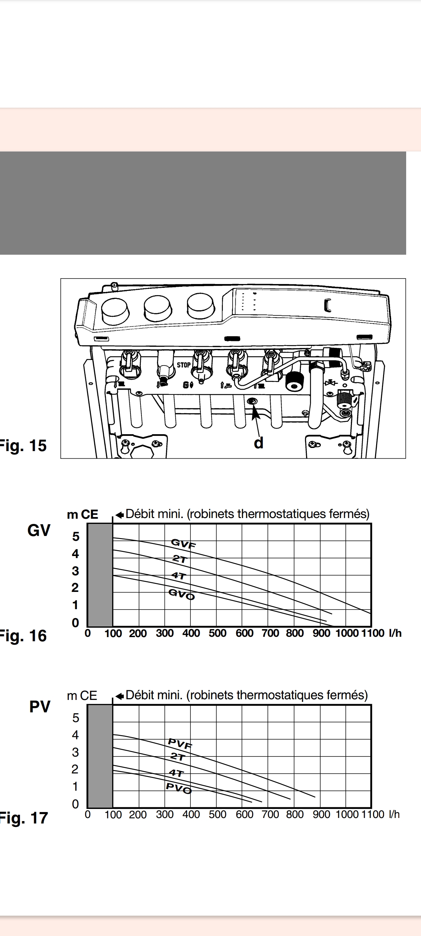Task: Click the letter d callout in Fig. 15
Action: click(258, 443)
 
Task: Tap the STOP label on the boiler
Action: click(184, 365)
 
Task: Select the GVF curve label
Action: click(184, 544)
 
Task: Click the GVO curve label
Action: click(182, 594)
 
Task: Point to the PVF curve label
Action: click(180, 744)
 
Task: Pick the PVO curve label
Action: click(178, 788)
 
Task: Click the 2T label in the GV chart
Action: click(179, 559)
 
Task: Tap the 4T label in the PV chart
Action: click(177, 773)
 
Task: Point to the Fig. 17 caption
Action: click(23, 818)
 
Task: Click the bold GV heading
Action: click(39, 530)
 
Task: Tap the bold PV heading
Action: click(40, 707)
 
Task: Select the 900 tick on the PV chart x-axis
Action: click(322, 814)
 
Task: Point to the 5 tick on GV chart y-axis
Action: click(76, 536)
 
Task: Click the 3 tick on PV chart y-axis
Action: click(75, 752)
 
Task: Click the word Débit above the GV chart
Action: click(140, 514)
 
